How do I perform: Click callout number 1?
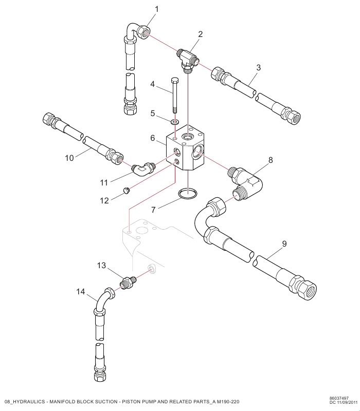point(157,9)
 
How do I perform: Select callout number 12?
point(104,201)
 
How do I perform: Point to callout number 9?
point(284,243)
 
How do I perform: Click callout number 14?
point(80,292)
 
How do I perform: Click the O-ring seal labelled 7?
point(187,194)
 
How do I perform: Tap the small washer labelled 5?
point(175,122)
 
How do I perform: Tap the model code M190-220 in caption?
point(228,401)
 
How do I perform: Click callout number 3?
point(259,67)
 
